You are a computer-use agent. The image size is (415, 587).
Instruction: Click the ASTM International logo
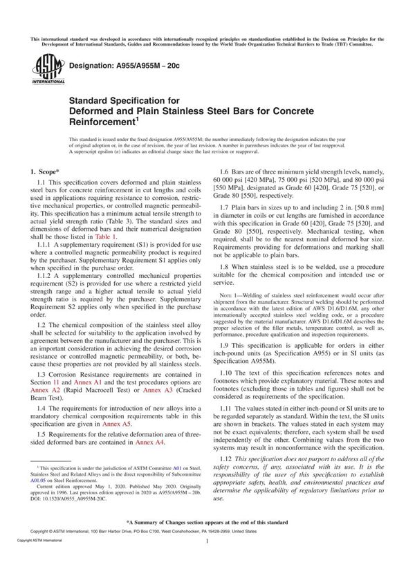tap(44, 70)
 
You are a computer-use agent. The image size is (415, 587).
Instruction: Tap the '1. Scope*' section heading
tap(45, 170)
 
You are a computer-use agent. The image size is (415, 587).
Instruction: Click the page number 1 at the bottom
tap(207, 563)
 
